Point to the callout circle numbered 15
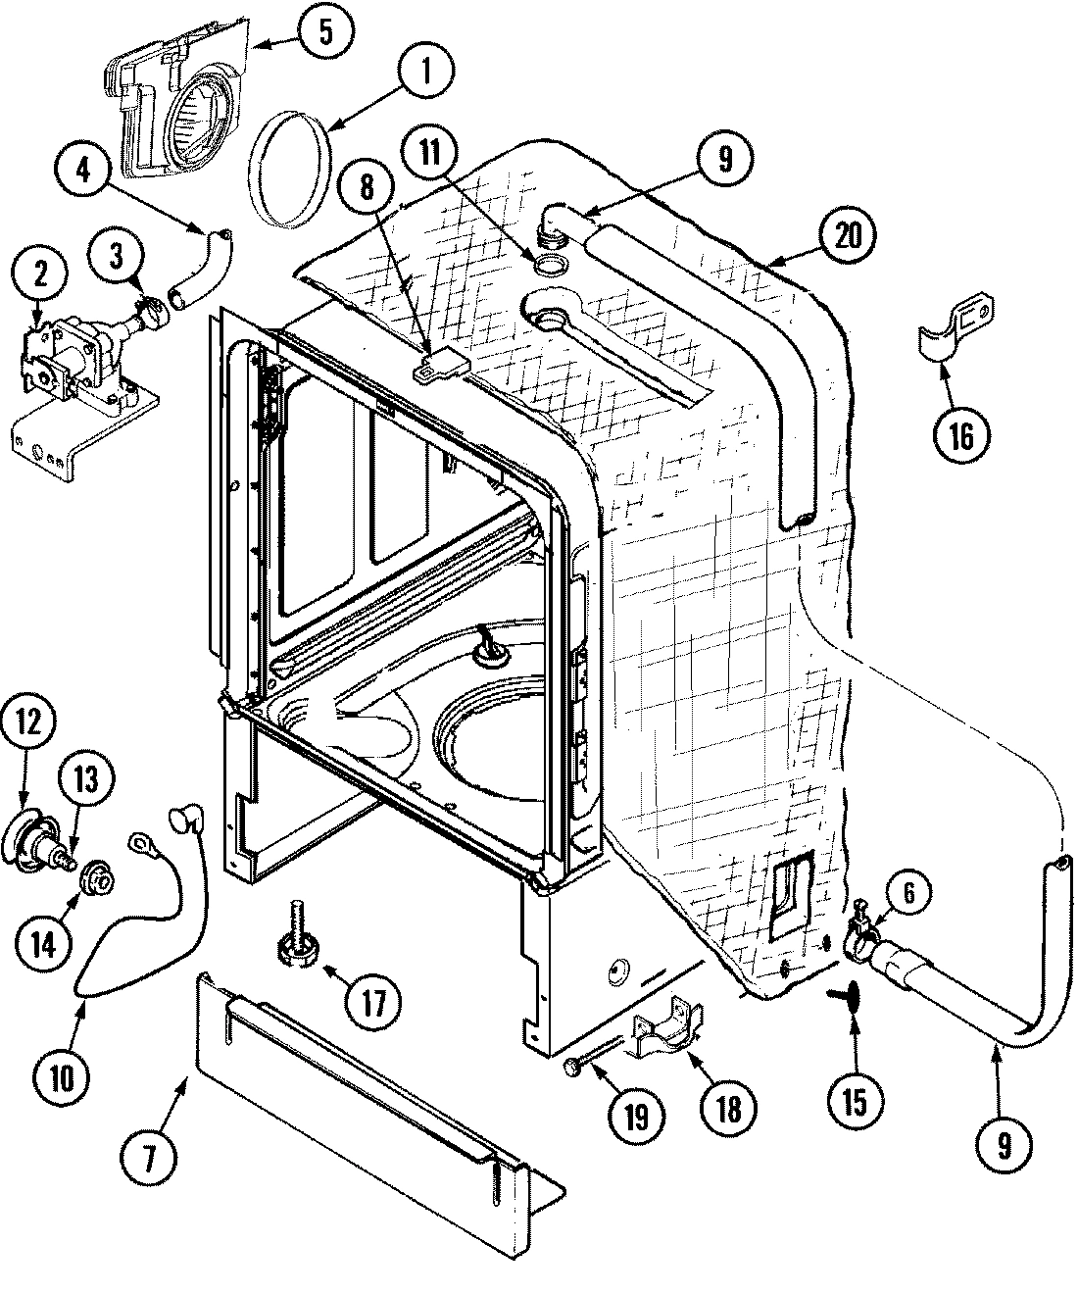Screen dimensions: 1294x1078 tap(853, 1102)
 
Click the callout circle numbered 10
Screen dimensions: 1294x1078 tap(63, 1077)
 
